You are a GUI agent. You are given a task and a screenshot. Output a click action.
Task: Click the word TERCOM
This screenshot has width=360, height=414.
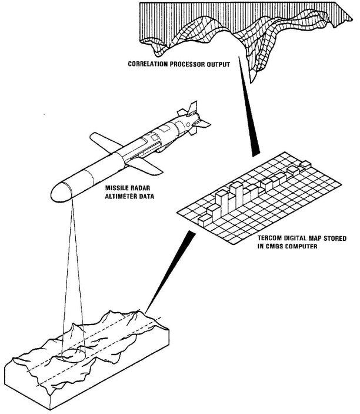tap(271, 239)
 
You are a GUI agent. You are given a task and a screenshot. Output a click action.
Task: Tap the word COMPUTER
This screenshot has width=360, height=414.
tap(301, 246)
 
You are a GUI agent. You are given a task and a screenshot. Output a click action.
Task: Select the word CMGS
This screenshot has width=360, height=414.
tap(276, 246)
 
